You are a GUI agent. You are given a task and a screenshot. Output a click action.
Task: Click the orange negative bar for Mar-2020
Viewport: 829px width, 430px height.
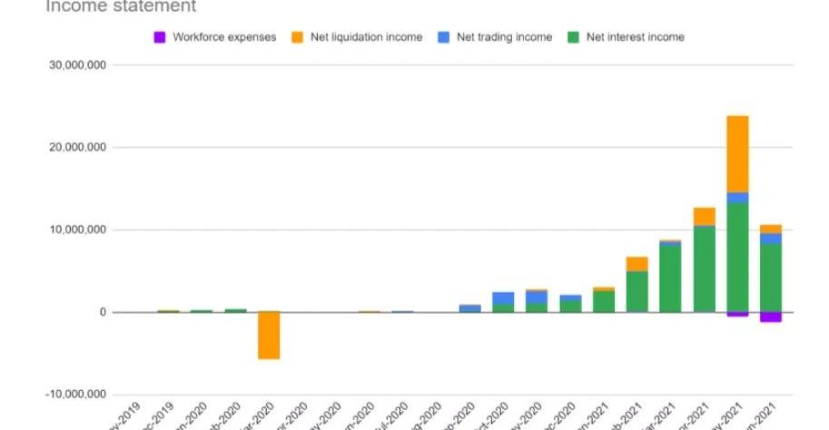tap(268, 336)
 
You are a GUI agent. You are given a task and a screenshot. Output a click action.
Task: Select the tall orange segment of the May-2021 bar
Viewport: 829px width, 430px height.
tap(737, 153)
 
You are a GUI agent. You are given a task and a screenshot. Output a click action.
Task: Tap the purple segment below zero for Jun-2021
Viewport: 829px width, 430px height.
tap(771, 317)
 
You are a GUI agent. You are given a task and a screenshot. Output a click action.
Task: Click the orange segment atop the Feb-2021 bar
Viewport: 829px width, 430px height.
tap(637, 264)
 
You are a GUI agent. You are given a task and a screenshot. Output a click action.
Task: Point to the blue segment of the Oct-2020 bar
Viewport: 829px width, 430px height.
tap(503, 298)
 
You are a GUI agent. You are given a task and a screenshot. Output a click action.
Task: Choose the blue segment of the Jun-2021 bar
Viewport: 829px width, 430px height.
tap(771, 239)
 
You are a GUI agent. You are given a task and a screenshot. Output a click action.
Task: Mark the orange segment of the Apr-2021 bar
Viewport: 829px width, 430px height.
tap(704, 216)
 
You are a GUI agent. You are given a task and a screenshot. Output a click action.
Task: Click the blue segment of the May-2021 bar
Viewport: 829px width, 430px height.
tap(737, 198)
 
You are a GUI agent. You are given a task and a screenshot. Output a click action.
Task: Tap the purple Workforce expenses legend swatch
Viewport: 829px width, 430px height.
tap(160, 37)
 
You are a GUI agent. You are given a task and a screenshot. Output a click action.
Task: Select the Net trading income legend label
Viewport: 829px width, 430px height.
tap(505, 37)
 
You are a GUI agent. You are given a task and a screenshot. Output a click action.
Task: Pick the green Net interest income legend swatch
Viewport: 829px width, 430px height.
tap(573, 37)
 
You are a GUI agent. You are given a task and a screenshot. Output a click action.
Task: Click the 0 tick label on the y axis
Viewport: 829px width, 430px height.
tap(103, 313)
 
